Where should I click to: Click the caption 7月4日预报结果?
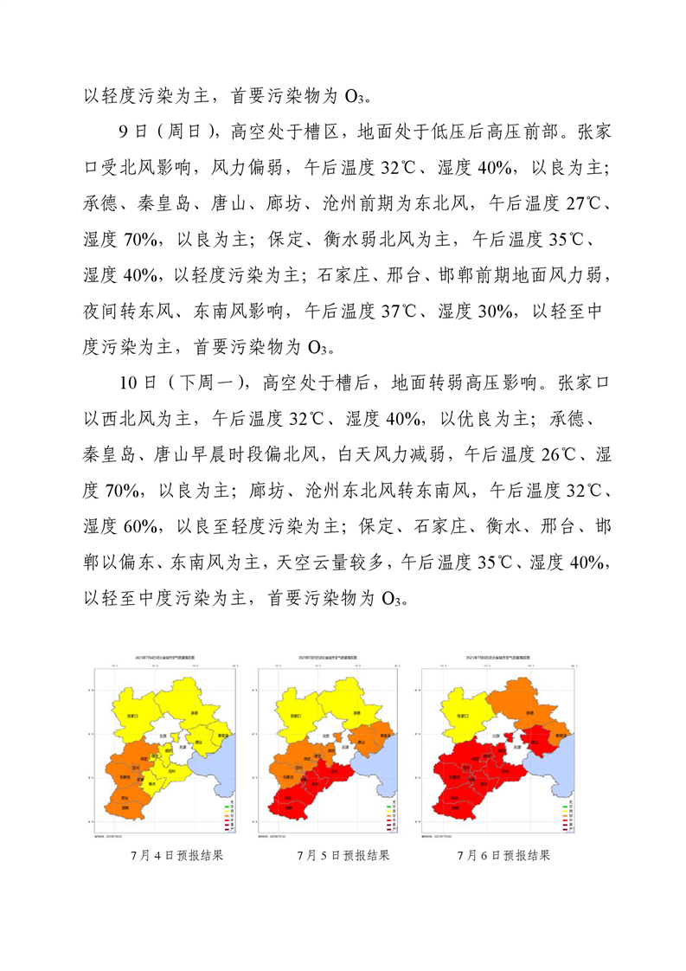click(176, 855)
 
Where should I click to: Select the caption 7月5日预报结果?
click(343, 855)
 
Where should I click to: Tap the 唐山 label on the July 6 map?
click(534, 741)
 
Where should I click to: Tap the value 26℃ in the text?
click(545, 454)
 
